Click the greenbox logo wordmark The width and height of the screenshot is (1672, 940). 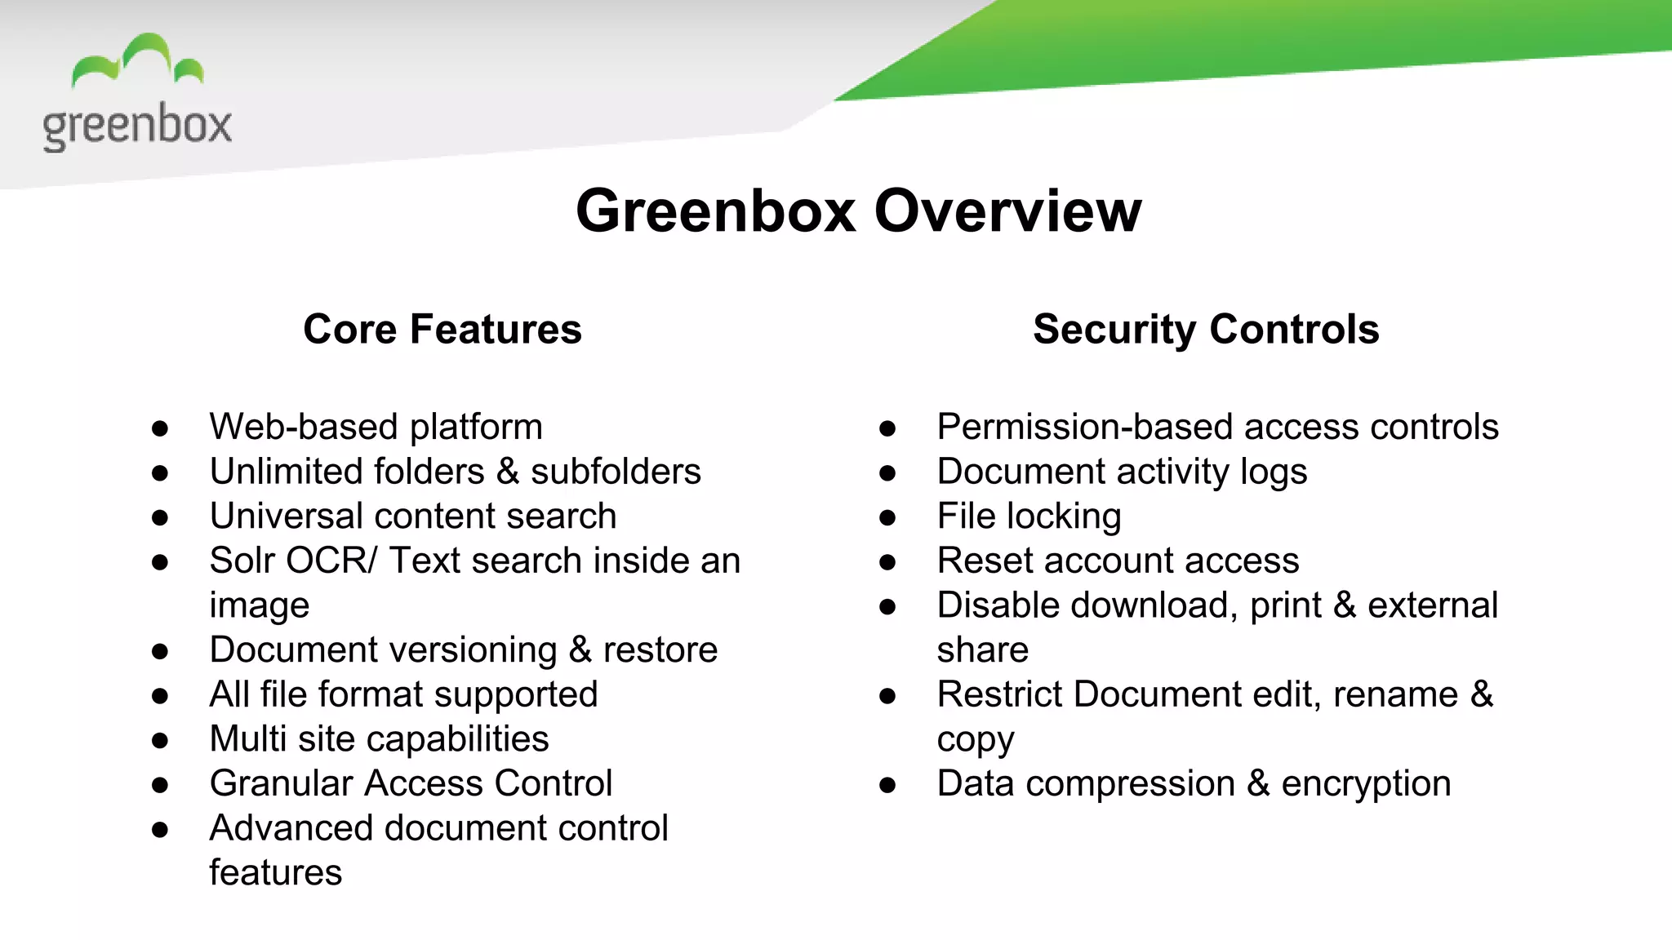137,126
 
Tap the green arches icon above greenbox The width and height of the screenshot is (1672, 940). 137,60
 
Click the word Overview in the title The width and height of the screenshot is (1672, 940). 1007,211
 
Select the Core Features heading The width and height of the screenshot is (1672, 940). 442,330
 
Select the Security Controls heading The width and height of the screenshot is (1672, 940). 1206,330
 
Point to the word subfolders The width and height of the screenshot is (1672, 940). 616,472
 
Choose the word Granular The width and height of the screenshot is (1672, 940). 281,784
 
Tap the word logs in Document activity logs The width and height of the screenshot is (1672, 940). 1273,472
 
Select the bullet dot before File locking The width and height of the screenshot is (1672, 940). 888,517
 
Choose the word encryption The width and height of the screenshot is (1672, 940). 1366,784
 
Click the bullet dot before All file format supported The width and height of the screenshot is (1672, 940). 160,696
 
